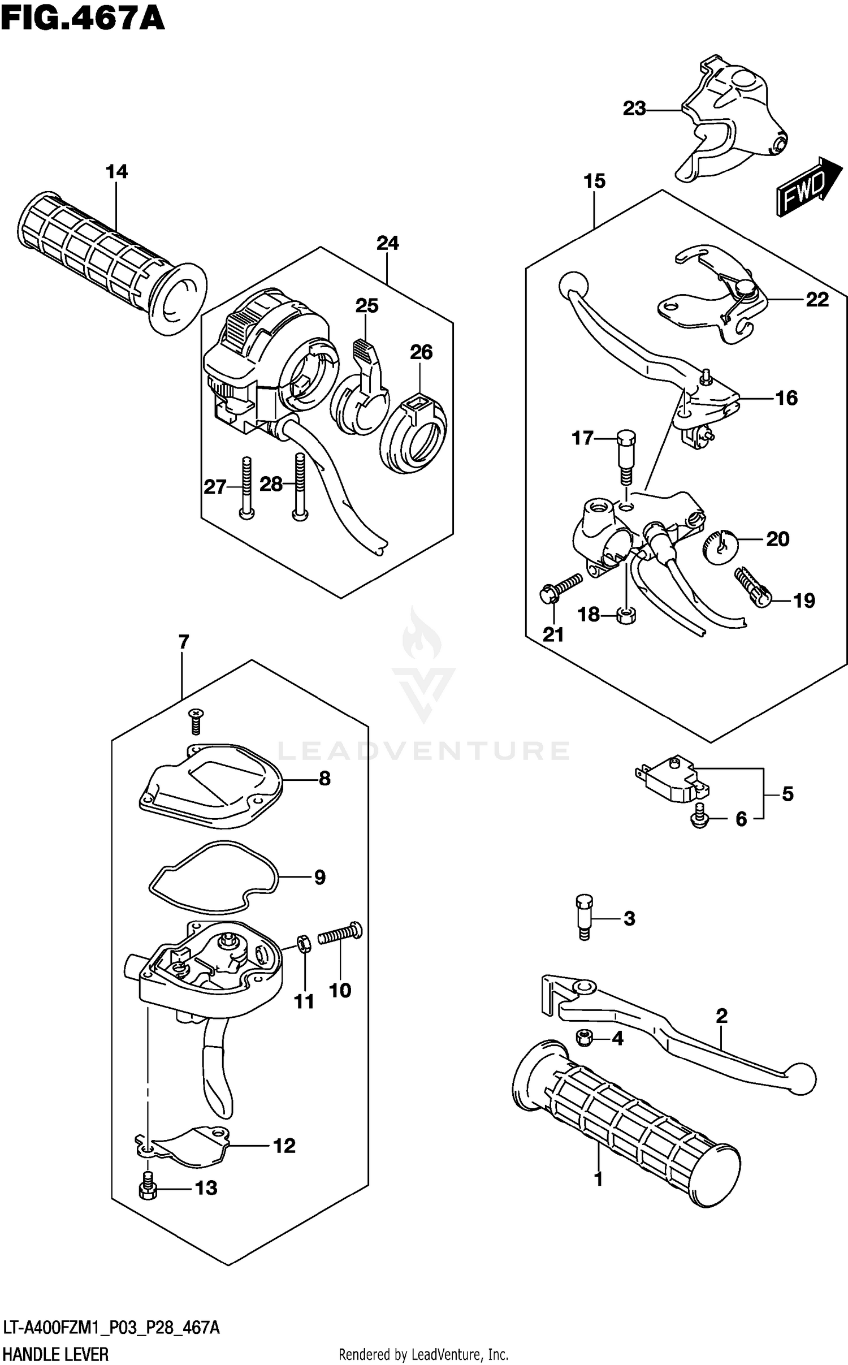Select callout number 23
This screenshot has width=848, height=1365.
click(x=634, y=109)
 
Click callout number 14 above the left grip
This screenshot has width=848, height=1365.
click(x=116, y=172)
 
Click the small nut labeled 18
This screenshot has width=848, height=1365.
click(x=626, y=615)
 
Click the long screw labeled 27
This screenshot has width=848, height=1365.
click(x=246, y=486)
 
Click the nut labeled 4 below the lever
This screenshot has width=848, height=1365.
click(x=584, y=1038)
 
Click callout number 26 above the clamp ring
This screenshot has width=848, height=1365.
click(x=421, y=352)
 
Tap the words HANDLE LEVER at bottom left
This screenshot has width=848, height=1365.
click(x=55, y=1350)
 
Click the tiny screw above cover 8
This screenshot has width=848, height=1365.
click(x=196, y=721)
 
